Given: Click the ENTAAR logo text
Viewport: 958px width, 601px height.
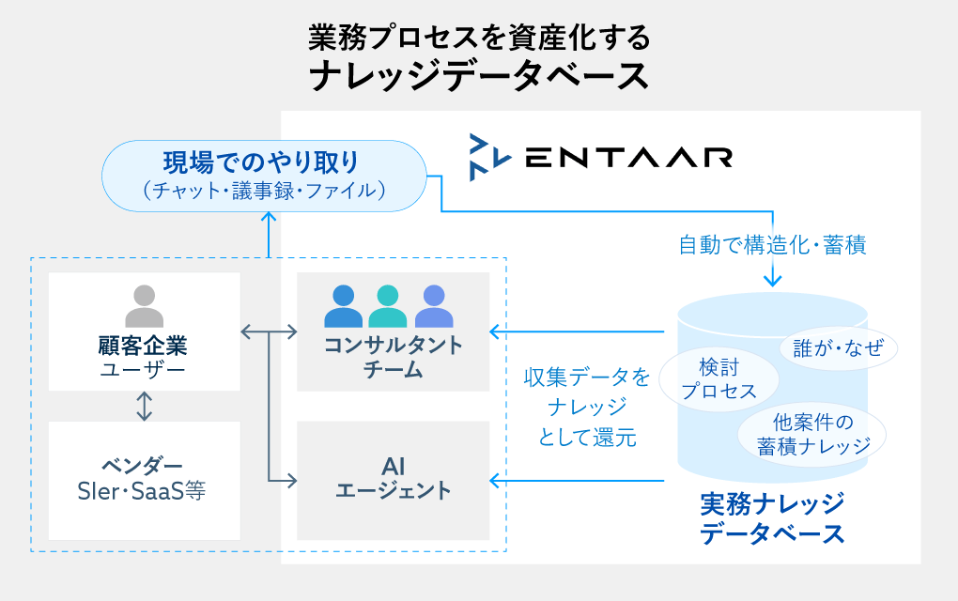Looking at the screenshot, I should click(628, 157).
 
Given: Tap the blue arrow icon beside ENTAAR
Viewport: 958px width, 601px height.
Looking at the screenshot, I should click(489, 157).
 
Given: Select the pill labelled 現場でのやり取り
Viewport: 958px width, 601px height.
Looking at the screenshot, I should click(261, 175).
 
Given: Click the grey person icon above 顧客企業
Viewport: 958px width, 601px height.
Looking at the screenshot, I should click(144, 305).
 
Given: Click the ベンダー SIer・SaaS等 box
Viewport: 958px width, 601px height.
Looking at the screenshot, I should click(144, 479).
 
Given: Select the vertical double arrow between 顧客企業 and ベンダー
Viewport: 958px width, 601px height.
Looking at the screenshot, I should click(144, 406).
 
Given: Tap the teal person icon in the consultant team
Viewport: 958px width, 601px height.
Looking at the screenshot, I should click(388, 306).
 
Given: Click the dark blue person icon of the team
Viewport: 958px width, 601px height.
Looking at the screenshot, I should click(343, 306).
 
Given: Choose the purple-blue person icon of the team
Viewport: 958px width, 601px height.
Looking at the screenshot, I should click(433, 306).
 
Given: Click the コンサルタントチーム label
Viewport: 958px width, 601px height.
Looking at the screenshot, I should click(393, 357).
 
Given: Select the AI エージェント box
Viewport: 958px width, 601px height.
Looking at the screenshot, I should click(393, 479).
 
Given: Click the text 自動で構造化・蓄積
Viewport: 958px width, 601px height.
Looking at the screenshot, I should click(772, 246).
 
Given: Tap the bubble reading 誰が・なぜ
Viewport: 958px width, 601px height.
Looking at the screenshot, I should click(839, 348).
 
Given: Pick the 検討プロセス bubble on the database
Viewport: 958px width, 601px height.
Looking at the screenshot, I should click(719, 379).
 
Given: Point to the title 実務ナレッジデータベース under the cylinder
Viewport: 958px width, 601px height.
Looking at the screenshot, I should click(772, 518).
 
